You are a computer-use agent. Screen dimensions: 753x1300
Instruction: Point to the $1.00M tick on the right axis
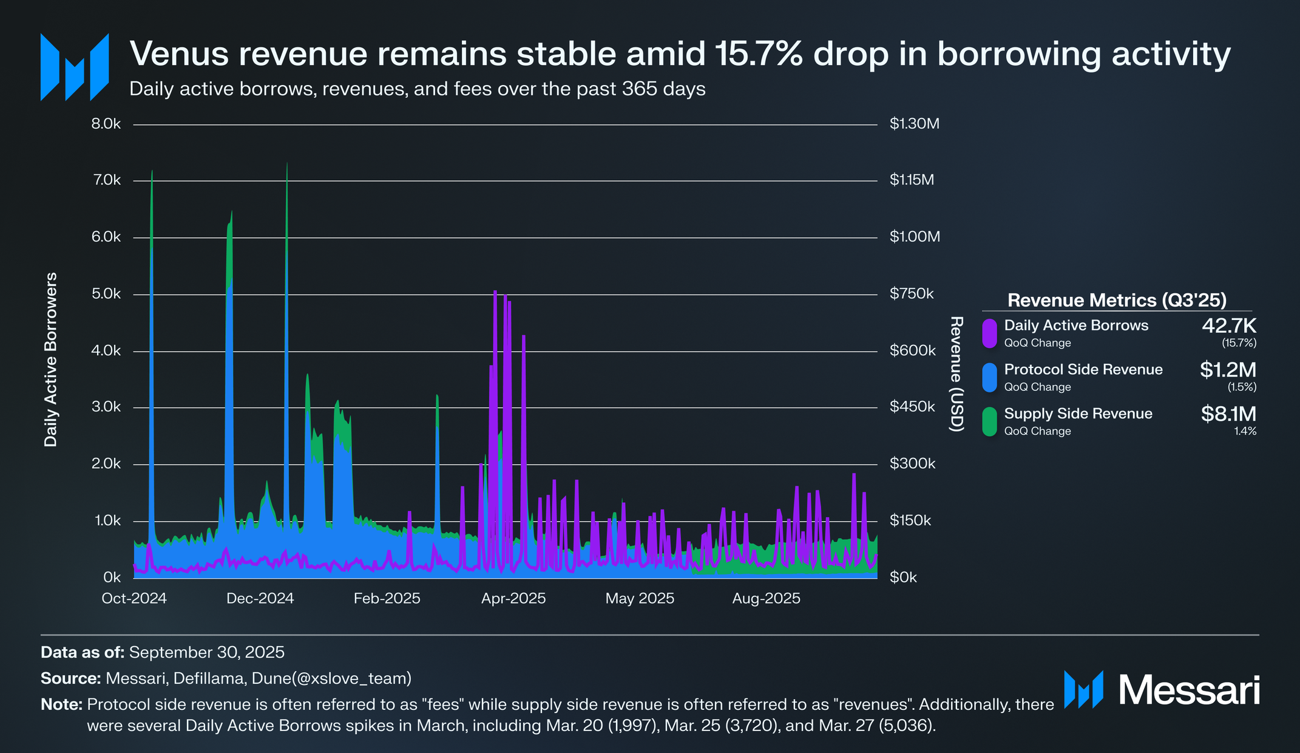tap(915, 237)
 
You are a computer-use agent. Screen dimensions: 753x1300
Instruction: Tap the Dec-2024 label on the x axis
tap(260, 599)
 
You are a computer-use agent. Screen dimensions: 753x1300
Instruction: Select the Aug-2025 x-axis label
tap(766, 599)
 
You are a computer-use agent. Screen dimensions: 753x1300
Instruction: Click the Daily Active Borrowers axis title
tap(51, 359)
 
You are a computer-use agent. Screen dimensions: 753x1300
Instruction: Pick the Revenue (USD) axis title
tap(957, 374)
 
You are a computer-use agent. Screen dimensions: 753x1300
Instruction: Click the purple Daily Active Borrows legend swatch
tap(989, 333)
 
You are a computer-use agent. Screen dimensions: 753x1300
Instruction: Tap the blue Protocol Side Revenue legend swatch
tap(989, 377)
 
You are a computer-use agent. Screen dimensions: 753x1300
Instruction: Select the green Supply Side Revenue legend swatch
tap(989, 421)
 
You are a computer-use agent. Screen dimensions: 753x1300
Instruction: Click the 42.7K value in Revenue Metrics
tap(1228, 326)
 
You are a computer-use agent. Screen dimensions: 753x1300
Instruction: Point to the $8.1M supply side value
tap(1228, 414)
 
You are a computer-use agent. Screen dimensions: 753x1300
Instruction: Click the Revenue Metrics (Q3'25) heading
tap(1117, 300)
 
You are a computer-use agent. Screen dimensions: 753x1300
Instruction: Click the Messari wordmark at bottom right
tap(1188, 690)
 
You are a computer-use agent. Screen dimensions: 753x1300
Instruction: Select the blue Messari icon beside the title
tap(74, 67)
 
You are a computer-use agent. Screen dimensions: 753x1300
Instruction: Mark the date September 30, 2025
tap(206, 652)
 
